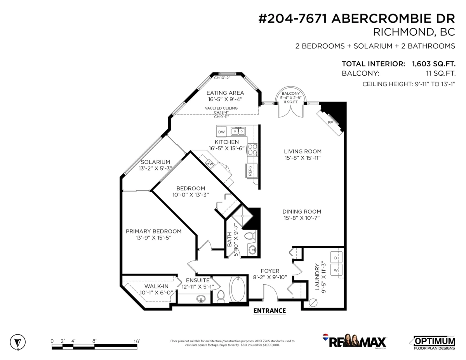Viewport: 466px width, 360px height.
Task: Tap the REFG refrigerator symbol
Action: click(250, 170)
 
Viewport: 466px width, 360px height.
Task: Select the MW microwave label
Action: click(210, 163)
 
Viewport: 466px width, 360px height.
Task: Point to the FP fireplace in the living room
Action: click(330, 122)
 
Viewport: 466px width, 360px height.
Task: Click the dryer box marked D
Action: click(336, 257)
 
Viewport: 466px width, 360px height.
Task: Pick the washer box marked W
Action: click(336, 270)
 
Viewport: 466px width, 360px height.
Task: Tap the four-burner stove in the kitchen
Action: click(252, 150)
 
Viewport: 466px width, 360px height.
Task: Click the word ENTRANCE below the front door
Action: click(270, 311)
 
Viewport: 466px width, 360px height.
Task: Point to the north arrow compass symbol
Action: click(17, 342)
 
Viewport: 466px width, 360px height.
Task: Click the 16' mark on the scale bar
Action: click(137, 341)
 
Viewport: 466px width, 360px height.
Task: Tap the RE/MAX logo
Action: click(354, 341)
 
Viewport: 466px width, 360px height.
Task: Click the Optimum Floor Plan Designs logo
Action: click(432, 341)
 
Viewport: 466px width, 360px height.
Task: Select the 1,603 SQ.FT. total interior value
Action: click(434, 64)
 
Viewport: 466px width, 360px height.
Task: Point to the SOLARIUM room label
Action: click(155, 162)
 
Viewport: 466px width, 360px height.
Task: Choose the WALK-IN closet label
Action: click(154, 287)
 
